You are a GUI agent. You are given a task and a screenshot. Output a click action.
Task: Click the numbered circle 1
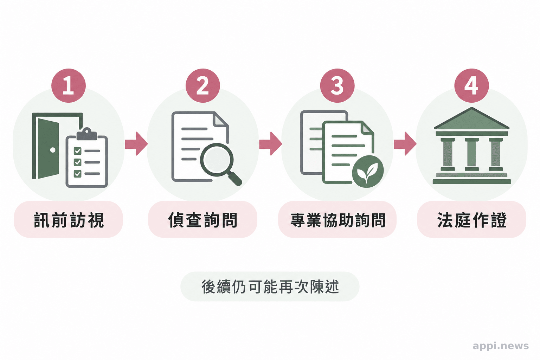tap(69, 85)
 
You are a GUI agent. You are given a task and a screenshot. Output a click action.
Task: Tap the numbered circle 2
tap(203, 85)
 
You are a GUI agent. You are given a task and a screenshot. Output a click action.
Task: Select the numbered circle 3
tap(337, 85)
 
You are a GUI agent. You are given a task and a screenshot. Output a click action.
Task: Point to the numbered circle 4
tap(471, 85)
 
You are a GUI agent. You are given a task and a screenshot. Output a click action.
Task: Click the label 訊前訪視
tap(69, 220)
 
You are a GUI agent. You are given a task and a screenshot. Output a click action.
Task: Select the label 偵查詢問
tap(203, 220)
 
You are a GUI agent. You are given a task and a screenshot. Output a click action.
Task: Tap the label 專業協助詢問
tap(337, 220)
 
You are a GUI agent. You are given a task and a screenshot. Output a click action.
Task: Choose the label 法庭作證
tap(472, 220)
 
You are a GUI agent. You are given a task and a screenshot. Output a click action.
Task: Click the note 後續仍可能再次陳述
tap(270, 287)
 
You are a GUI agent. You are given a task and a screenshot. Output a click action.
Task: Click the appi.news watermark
tap(501, 346)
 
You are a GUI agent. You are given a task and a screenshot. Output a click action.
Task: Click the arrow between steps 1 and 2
tap(136, 144)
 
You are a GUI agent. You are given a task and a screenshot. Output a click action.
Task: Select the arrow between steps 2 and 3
tap(270, 144)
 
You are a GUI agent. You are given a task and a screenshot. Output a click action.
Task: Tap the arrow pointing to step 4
tap(405, 144)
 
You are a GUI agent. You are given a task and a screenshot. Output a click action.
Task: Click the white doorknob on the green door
tap(53, 150)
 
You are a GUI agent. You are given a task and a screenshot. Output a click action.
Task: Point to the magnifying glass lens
tap(217, 160)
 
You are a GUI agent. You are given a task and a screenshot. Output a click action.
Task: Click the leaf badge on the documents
tap(368, 172)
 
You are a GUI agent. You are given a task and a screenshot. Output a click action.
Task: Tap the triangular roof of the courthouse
tap(472, 119)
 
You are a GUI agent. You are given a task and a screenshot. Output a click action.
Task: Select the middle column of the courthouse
tap(472, 154)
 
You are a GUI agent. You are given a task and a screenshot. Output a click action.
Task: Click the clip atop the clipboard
tap(86, 135)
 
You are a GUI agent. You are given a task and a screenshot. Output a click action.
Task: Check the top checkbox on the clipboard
tap(77, 151)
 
